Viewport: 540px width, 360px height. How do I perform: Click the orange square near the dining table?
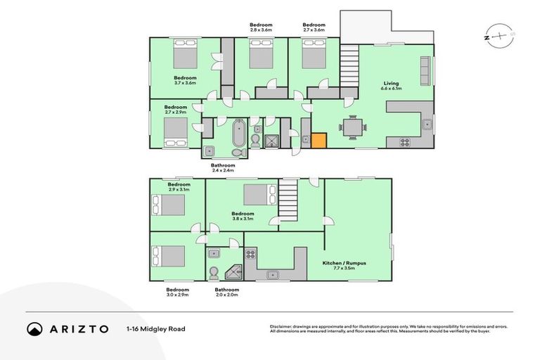pos(319,141)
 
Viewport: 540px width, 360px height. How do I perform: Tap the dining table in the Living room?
pos(352,127)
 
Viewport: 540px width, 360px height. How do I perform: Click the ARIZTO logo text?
pos(77,328)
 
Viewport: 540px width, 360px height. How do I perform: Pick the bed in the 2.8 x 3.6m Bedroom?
pos(261,54)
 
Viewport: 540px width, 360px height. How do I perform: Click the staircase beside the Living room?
pos(349,67)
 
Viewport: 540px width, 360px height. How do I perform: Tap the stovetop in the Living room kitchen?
pos(406,141)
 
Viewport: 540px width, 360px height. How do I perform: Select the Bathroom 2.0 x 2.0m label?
pos(227,292)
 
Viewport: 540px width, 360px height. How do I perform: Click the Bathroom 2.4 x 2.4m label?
pos(222,168)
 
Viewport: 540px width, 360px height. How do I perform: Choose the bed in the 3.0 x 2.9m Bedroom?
pos(167,255)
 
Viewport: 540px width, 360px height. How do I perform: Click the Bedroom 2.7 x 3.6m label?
pos(314,27)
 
